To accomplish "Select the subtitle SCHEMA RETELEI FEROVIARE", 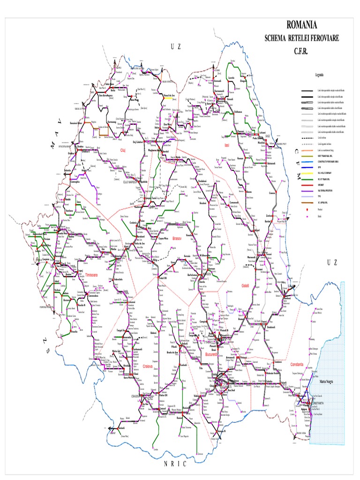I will pos(301,38).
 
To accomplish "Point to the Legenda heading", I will pos(319,75).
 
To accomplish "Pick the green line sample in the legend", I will pos(307,179).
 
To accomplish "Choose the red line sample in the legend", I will pos(307,186).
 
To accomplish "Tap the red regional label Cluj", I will pos(124,150).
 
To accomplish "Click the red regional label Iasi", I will pos(227,145).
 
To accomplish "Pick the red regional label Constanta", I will pos(297,364).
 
